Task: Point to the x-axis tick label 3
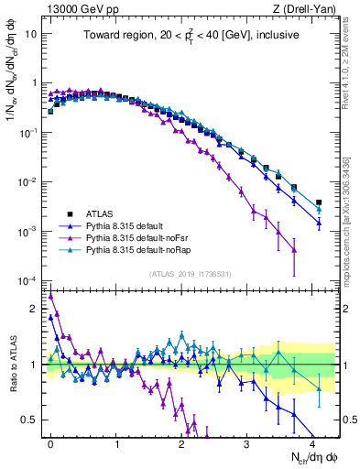(x=246, y=442)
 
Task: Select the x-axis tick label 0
(x=50, y=442)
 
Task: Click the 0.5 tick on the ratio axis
(x=29, y=420)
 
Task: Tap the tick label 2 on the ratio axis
(x=33, y=308)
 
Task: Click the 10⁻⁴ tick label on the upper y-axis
(x=27, y=280)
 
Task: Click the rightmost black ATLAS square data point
(x=319, y=202)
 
